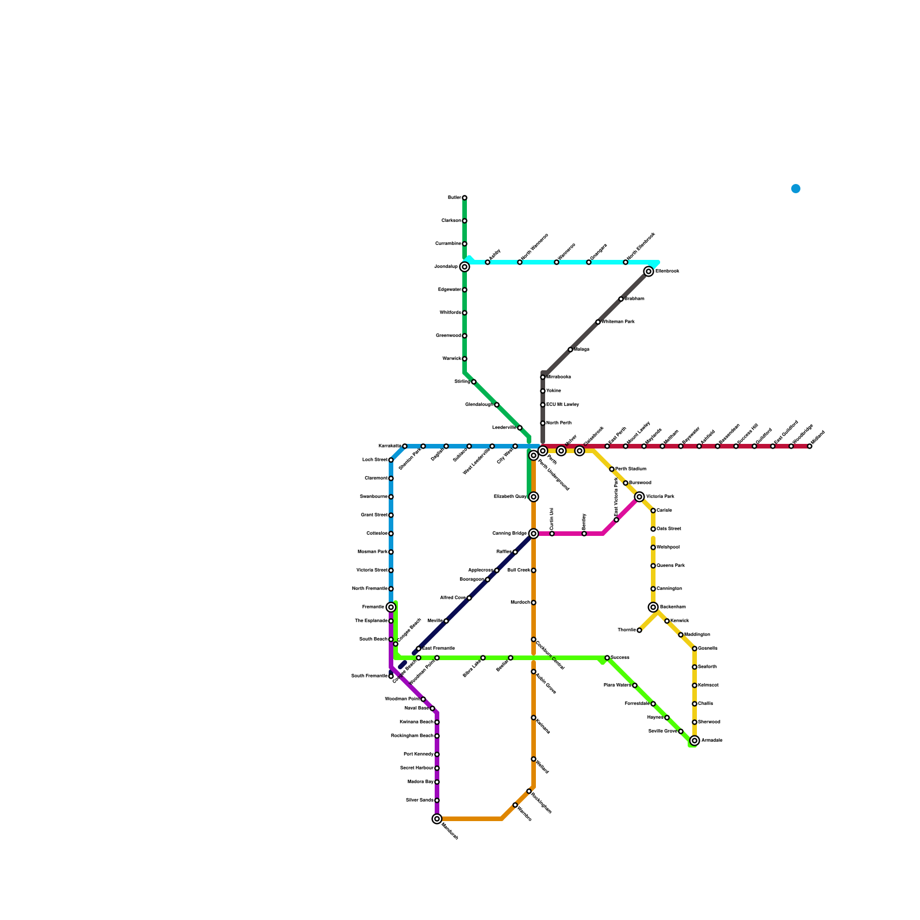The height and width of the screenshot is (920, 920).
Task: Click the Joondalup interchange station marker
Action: click(x=465, y=267)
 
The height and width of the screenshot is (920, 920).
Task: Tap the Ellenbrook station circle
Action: click(x=649, y=271)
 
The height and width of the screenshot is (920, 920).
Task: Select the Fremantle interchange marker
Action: click(x=391, y=607)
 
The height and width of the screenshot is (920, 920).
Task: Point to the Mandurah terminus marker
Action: click(x=437, y=819)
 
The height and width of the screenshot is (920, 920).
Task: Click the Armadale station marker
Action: click(x=695, y=741)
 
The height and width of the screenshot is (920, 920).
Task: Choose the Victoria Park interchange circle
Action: click(x=639, y=497)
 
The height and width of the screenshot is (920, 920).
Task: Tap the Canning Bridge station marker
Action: click(x=534, y=534)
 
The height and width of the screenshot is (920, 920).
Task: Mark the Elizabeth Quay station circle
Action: click(x=534, y=497)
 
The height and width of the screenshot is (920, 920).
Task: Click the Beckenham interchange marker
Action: click(x=653, y=607)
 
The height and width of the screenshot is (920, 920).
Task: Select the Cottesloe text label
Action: click(x=377, y=534)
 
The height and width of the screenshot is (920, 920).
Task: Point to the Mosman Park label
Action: click(x=372, y=552)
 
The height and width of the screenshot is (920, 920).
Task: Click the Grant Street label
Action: click(x=374, y=515)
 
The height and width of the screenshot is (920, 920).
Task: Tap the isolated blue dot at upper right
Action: click(x=796, y=189)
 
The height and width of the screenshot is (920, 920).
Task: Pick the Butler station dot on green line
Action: click(x=465, y=198)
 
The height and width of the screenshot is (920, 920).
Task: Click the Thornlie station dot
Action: click(x=639, y=630)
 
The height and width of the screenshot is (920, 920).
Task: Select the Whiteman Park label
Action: click(x=618, y=322)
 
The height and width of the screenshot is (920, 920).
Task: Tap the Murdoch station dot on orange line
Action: click(x=534, y=603)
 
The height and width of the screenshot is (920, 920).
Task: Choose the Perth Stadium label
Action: click(x=631, y=469)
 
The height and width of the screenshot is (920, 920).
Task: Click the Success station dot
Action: click(x=607, y=658)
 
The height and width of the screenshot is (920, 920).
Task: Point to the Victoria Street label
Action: click(x=371, y=570)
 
